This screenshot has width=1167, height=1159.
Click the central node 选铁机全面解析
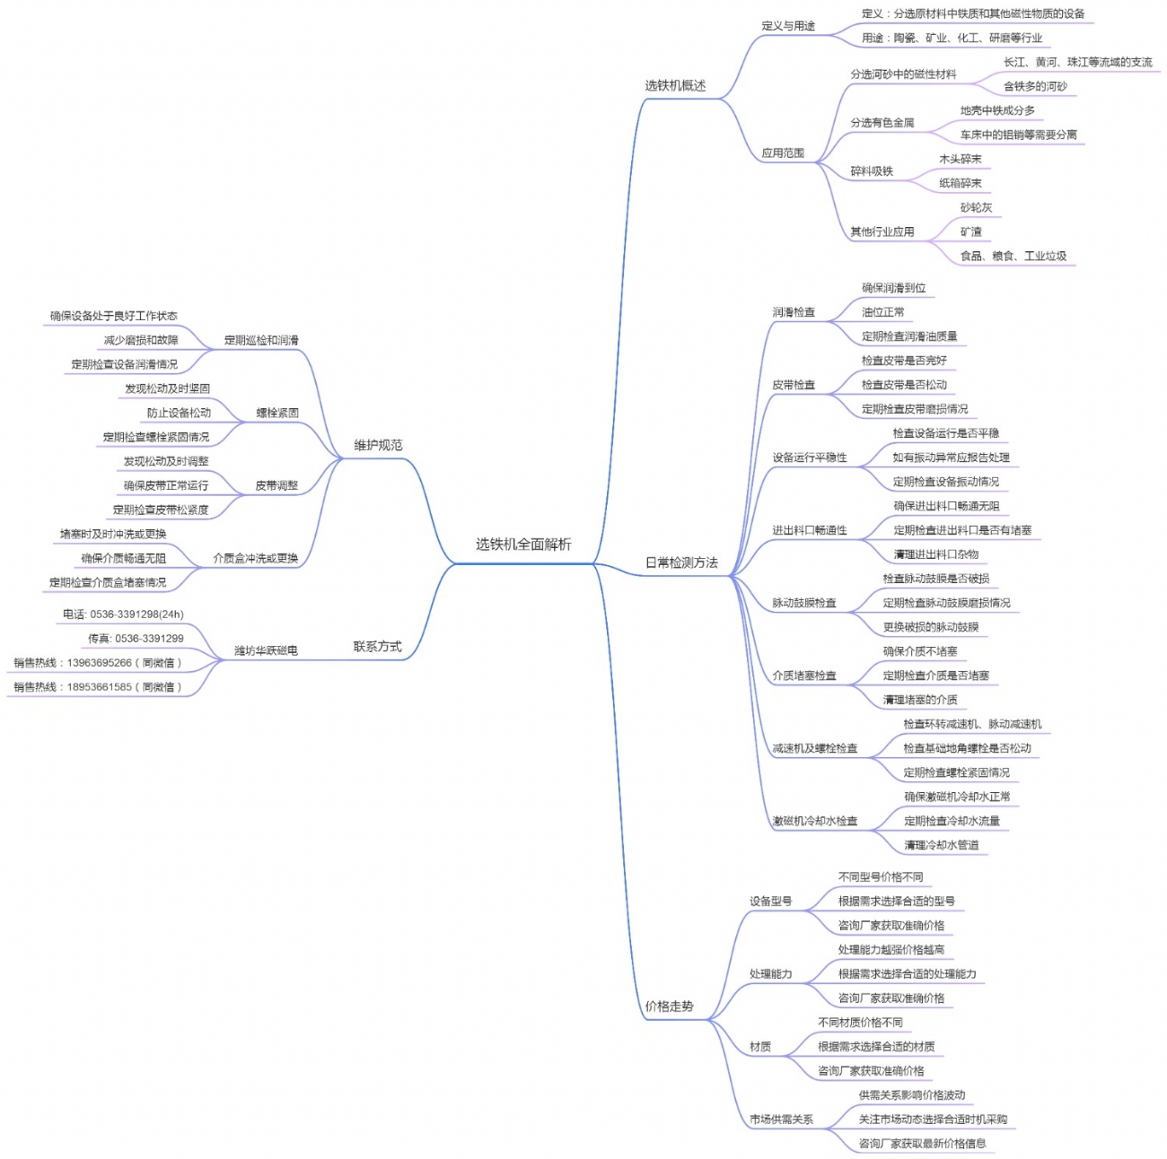point(522,545)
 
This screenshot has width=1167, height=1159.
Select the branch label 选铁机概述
point(675,86)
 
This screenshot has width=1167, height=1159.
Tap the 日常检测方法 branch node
point(681,563)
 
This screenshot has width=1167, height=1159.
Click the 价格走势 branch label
point(669,1006)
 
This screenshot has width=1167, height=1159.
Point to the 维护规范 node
point(378,446)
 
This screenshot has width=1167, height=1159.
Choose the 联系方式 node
point(377,647)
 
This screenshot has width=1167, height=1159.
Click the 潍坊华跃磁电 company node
point(266,650)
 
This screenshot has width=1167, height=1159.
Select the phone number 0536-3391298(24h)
point(123,614)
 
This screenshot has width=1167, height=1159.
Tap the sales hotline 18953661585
point(98,687)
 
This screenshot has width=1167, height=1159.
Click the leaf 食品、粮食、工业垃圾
point(1013,257)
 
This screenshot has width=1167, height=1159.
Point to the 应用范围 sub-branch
point(783,153)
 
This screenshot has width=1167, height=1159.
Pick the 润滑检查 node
point(794,312)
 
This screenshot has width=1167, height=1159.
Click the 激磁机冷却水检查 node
point(815,821)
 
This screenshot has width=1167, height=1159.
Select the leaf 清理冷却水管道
point(942,845)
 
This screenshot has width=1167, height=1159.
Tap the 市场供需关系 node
point(781,1120)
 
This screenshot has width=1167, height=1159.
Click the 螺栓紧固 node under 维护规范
point(277,414)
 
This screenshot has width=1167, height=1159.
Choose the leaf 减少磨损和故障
point(141,341)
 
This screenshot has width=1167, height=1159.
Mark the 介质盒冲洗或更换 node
point(255,558)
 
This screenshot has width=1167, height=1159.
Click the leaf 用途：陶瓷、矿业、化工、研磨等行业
point(952,39)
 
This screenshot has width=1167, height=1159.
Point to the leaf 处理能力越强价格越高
point(891,950)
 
